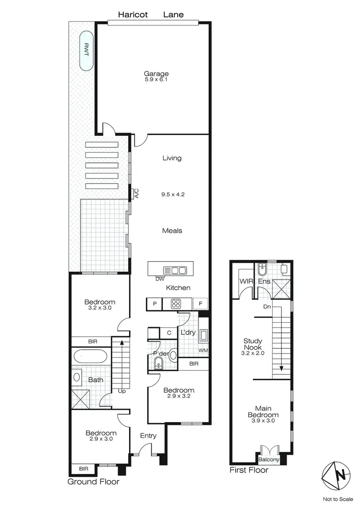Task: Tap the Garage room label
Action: point(156,74)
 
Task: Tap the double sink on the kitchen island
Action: point(175,270)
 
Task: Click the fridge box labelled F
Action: point(201,303)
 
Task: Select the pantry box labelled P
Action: point(155,303)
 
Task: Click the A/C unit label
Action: point(136,194)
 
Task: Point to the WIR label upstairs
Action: point(246,281)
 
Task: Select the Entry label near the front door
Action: point(148,436)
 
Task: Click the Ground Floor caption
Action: point(93,481)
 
